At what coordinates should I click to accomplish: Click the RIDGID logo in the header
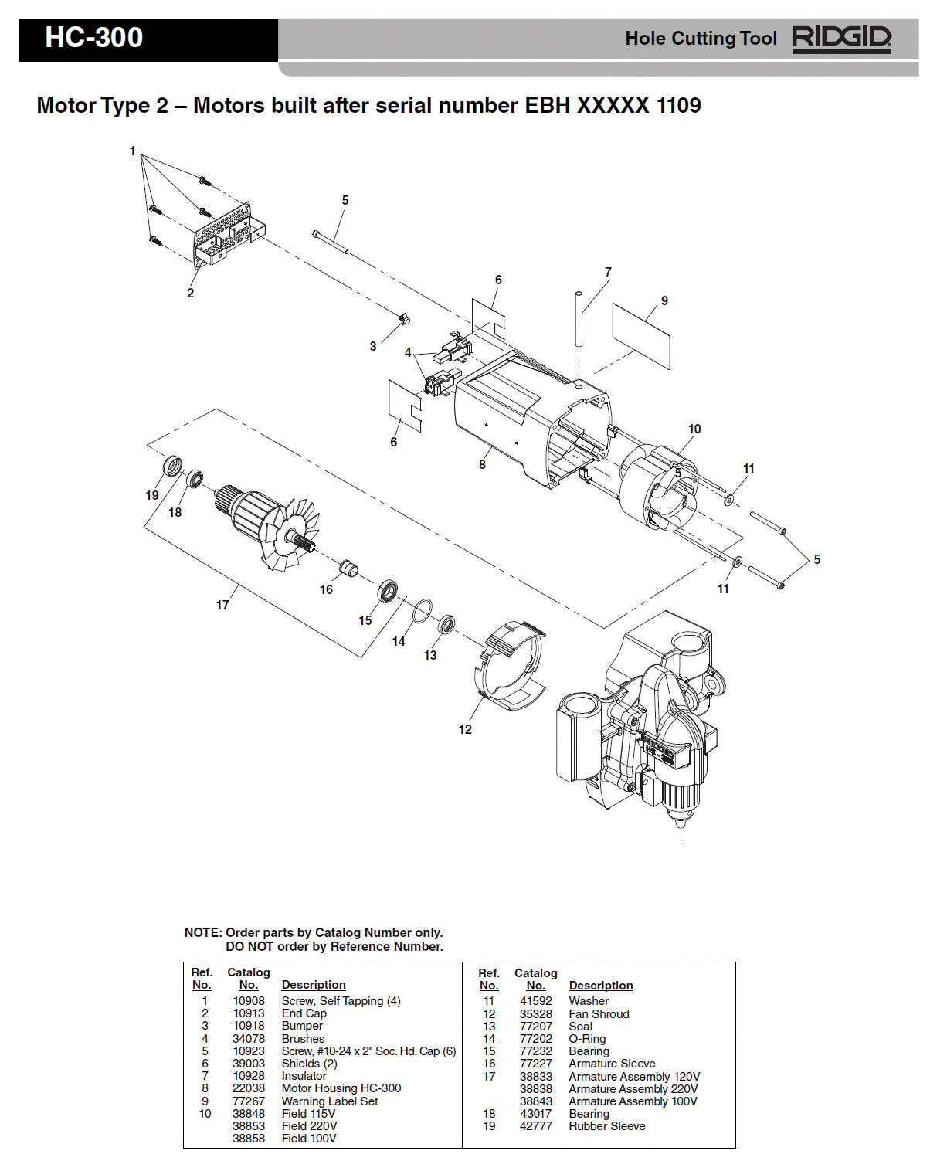pyautogui.click(x=841, y=39)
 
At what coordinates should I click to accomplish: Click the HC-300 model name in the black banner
pyautogui.click(x=93, y=38)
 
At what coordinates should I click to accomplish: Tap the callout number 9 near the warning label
pyautogui.click(x=664, y=300)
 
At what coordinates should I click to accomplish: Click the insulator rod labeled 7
pyautogui.click(x=578, y=321)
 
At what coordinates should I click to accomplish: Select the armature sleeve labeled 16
pyautogui.click(x=349, y=570)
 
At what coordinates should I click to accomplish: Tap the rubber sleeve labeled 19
pyautogui.click(x=174, y=467)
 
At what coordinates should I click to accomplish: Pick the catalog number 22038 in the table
pyautogui.click(x=248, y=1088)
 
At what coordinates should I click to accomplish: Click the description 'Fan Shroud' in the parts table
pyautogui.click(x=599, y=1013)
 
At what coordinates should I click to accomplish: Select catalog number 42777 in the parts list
pyautogui.click(x=535, y=1126)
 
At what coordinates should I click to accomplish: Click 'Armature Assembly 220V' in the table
pyautogui.click(x=633, y=1089)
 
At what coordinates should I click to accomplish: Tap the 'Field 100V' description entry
pyautogui.click(x=309, y=1139)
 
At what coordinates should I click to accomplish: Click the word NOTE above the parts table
pyautogui.click(x=202, y=932)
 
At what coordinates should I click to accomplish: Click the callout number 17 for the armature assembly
pyautogui.click(x=222, y=605)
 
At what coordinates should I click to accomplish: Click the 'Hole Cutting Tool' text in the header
pyautogui.click(x=701, y=39)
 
